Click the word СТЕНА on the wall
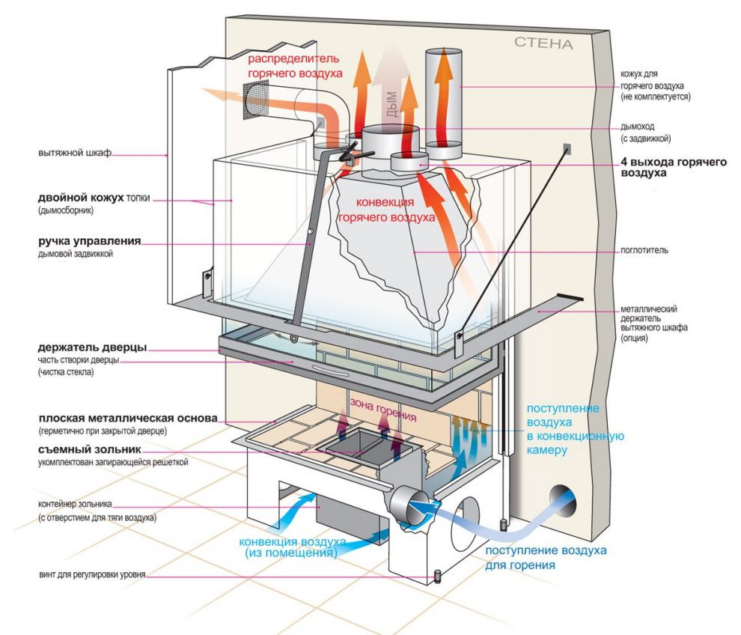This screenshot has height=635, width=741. pyautogui.click(x=543, y=44)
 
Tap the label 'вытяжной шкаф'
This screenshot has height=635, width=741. pyautogui.click(x=75, y=154)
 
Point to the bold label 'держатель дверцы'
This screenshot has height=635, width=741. pyautogui.click(x=92, y=347)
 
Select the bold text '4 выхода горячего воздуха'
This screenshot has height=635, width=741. pyautogui.click(x=673, y=167)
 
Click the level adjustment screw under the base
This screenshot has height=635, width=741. pyautogui.click(x=436, y=576)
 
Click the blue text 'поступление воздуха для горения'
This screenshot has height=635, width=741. pyautogui.click(x=546, y=558)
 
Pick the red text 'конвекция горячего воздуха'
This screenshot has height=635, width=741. pyautogui.click(x=386, y=210)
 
